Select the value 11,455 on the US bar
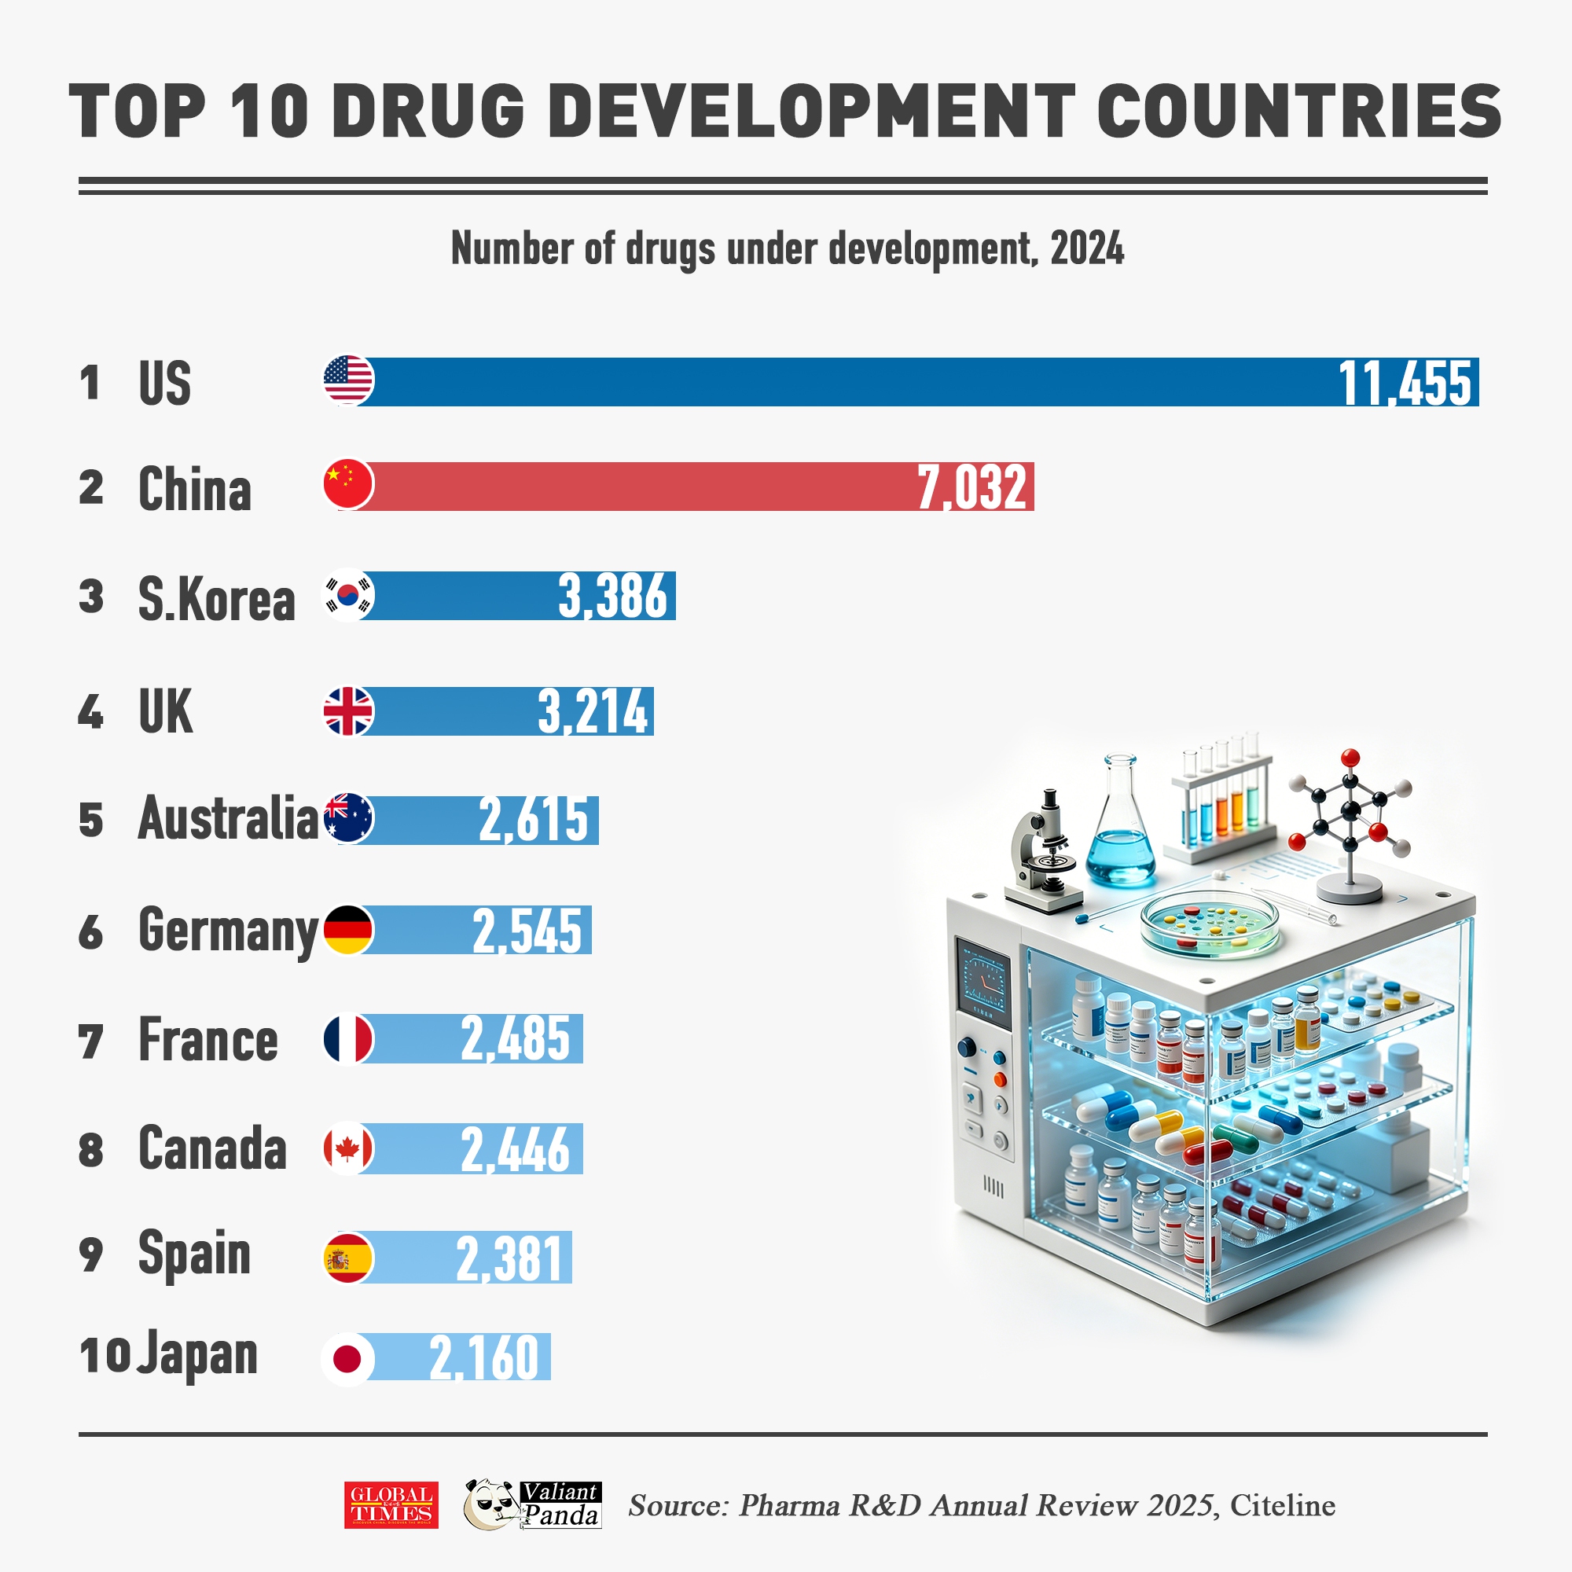click(1405, 383)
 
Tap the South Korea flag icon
click(349, 595)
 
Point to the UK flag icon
click(349, 711)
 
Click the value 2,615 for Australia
click(533, 819)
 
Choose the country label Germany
click(228, 930)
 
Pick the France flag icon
click(349, 1039)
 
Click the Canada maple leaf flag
click(349, 1149)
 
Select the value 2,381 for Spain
click(509, 1258)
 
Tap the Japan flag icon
click(348, 1358)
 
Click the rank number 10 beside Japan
click(105, 1355)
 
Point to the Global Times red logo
click(391, 1505)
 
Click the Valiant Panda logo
click(533, 1504)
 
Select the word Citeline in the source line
click(1282, 1505)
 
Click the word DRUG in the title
click(429, 112)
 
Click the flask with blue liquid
click(1120, 830)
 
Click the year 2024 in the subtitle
click(1087, 248)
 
